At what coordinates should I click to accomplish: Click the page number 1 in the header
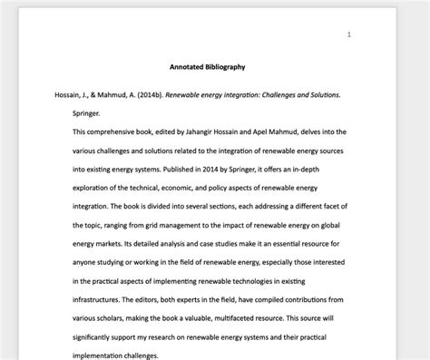tap(349, 34)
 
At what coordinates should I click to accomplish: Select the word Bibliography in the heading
tap(226, 66)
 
